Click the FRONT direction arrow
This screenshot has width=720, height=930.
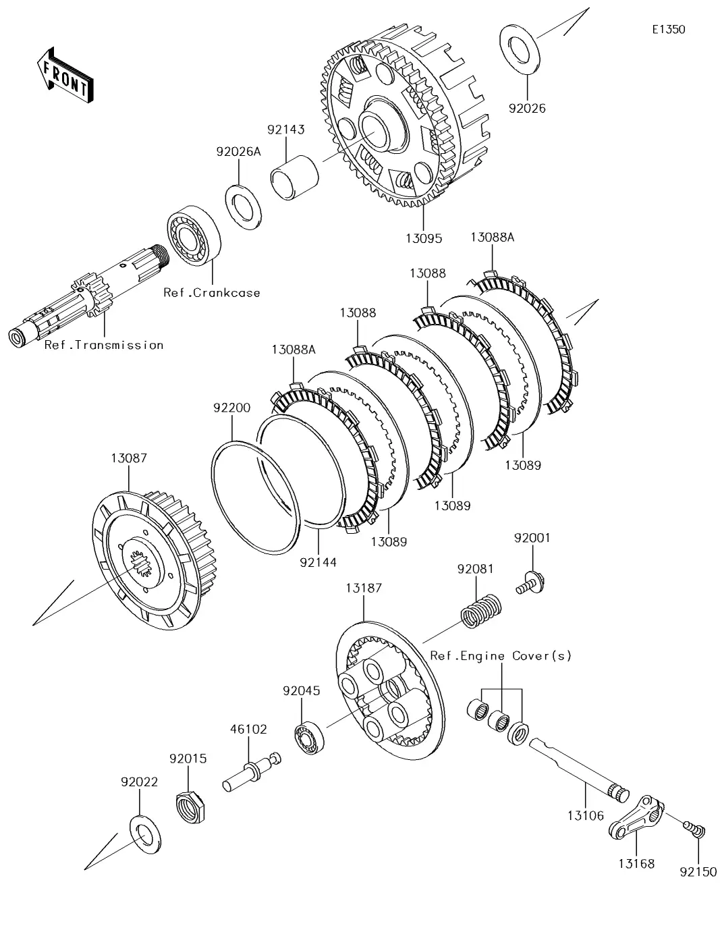[x=65, y=75]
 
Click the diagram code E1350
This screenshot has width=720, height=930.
[x=668, y=30]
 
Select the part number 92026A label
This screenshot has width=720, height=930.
[x=238, y=152]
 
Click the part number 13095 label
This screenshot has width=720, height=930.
[x=424, y=238]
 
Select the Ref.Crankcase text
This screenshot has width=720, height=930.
[x=211, y=292]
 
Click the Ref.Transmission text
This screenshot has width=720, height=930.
[x=104, y=345]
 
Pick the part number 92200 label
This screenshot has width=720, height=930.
[x=231, y=408]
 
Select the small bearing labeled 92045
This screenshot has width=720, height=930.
[x=310, y=734]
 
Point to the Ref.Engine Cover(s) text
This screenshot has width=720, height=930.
[x=501, y=655]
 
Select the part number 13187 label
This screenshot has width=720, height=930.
[x=364, y=588]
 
